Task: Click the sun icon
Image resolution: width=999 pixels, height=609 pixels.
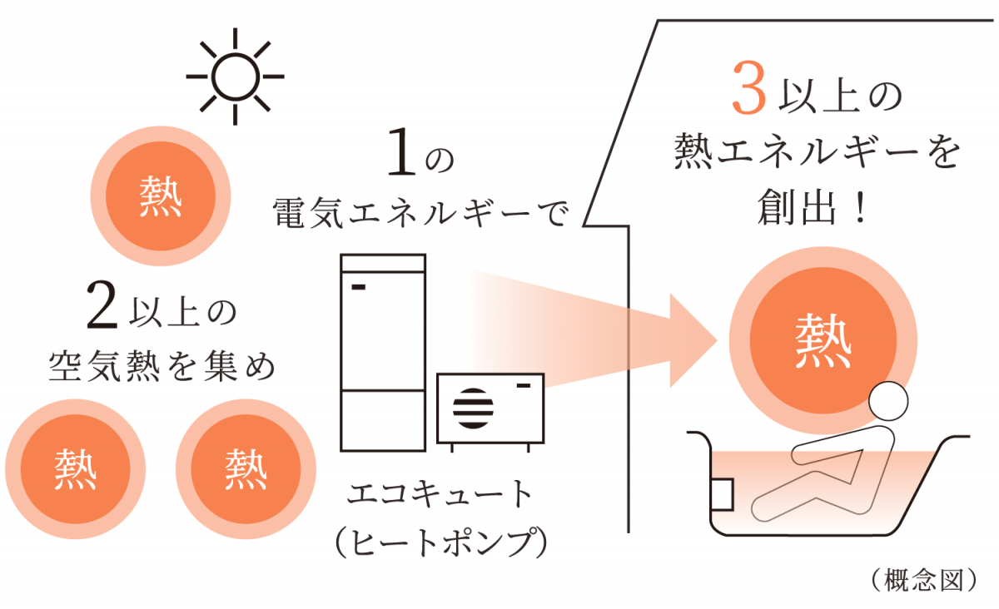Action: point(236,76)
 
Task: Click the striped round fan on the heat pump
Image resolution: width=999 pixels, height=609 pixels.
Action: point(472,408)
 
